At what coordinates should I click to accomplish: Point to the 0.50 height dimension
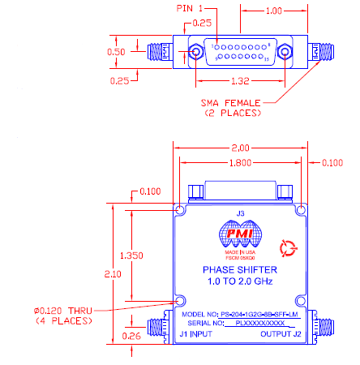point(118,52)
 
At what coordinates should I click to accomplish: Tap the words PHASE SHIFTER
point(239,271)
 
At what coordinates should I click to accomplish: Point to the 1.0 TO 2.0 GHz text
point(239,282)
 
